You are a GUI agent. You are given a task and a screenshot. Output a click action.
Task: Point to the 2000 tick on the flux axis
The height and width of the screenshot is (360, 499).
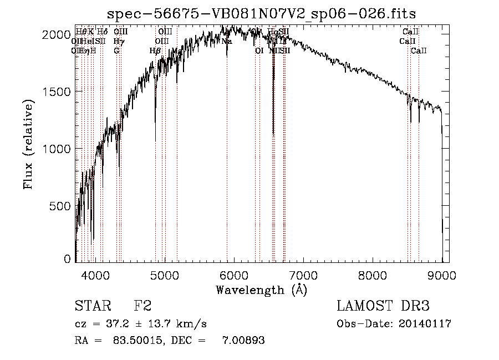point(55,34)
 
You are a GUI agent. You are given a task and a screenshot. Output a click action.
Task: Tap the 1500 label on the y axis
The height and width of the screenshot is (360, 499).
point(55,92)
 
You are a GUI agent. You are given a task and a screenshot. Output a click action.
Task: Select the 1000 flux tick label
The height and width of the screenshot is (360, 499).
point(55,149)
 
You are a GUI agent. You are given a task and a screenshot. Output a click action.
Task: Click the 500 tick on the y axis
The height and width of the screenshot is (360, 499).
point(59,206)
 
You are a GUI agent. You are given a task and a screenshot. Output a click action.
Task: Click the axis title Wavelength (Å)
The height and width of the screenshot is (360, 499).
point(261,290)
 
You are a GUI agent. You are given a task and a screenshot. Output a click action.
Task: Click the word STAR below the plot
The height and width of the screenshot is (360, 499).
point(92,306)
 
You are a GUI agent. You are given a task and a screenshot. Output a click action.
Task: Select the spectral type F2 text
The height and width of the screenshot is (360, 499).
point(143,306)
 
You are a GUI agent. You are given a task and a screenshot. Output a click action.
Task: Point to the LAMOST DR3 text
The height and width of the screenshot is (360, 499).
point(383,306)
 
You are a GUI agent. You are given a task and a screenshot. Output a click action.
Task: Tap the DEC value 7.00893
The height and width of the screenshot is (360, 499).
point(243,341)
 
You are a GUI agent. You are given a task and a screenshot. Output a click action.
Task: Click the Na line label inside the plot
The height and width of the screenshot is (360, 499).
point(227,41)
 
